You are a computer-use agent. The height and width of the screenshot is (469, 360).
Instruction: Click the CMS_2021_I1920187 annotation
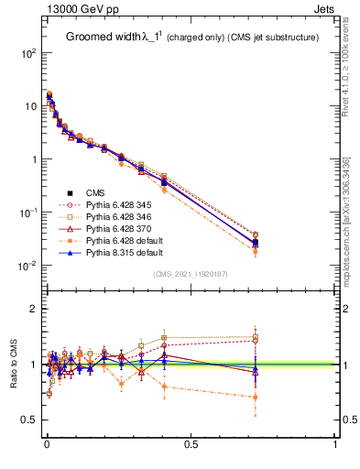click(x=191, y=274)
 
